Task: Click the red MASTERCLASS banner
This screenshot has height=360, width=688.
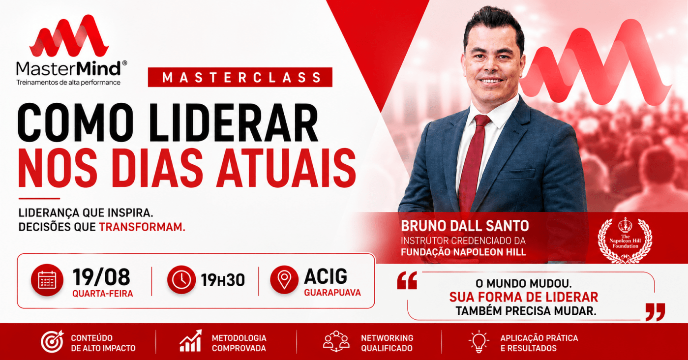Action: [x=240, y=77]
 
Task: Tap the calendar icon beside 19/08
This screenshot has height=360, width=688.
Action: [x=47, y=280]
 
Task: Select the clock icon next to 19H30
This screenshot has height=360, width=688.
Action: [x=181, y=279]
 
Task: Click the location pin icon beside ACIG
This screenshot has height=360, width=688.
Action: [x=284, y=279]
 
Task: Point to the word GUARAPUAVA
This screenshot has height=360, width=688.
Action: [x=332, y=293]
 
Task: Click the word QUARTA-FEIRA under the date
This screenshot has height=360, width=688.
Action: [x=103, y=294]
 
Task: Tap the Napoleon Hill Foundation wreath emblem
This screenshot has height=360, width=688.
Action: [x=625, y=240]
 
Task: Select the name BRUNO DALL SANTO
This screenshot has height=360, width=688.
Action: [x=465, y=226]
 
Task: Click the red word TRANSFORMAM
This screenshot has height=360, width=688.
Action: [x=142, y=227]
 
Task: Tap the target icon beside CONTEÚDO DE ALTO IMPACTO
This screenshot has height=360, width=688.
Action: [x=52, y=342]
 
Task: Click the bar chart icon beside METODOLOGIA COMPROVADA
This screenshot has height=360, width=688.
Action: [x=191, y=341]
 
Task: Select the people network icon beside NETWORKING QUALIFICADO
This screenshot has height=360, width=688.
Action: [x=336, y=341]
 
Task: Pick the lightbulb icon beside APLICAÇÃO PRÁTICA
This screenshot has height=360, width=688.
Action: [x=479, y=341]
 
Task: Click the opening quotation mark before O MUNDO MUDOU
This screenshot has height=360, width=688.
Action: [x=407, y=280]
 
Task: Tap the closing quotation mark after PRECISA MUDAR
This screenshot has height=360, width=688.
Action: [x=655, y=312]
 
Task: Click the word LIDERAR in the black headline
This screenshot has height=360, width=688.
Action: [x=234, y=123]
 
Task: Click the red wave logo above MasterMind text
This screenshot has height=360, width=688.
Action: [x=69, y=36]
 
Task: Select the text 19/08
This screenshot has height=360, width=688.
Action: [x=101, y=277]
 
